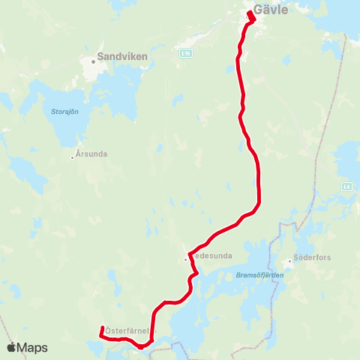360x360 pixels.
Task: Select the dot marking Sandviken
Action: (93, 62)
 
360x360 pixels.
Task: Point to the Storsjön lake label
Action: (64, 112)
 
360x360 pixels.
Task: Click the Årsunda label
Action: (92, 155)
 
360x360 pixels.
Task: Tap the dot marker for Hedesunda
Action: (186, 259)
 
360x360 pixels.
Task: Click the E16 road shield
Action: (186, 53)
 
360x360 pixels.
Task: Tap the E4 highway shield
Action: (345, 186)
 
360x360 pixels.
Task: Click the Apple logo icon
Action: (11, 347)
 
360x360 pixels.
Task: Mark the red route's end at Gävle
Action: (248, 11)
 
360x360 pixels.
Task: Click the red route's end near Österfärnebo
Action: (101, 328)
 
